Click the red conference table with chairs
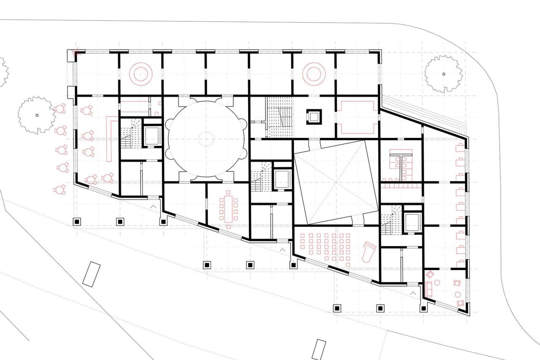228,207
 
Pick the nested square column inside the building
314,116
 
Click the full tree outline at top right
443,74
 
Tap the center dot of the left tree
37,115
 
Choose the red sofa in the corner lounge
430,289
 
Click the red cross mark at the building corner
76,53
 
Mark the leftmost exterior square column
77,221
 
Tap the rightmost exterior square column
424,308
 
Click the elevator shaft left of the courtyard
281,179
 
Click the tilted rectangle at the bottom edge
319,349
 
